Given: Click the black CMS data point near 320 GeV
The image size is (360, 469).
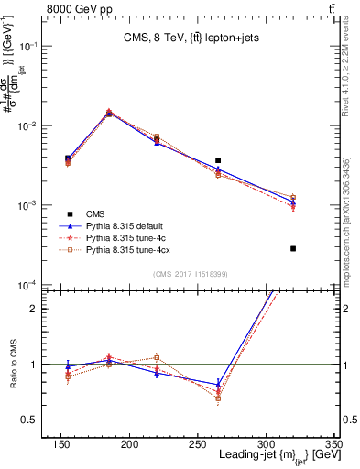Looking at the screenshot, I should [x=293, y=248].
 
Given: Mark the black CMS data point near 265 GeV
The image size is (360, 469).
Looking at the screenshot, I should [x=243, y=160].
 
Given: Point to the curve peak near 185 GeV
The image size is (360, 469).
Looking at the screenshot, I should [x=169, y=113].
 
